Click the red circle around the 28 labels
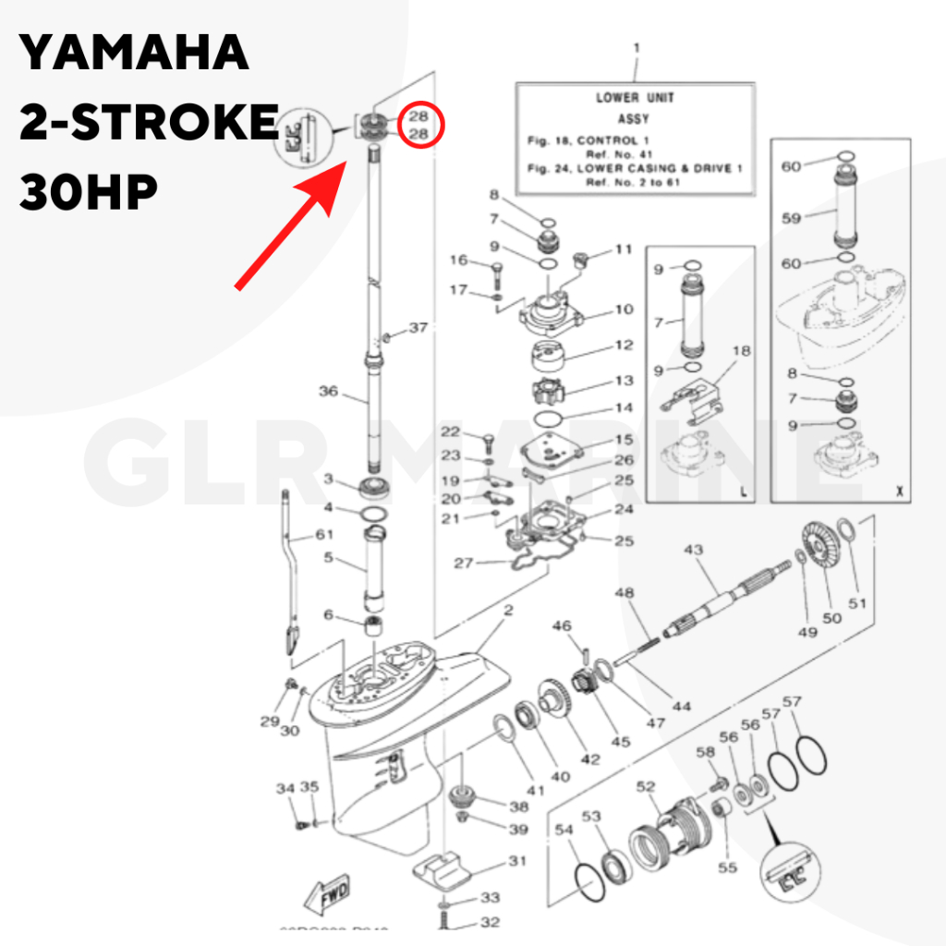click(418, 126)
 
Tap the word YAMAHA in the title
click(135, 53)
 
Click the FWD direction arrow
click(329, 892)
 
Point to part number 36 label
click(329, 392)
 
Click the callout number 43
click(693, 551)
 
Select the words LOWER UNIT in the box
click(635, 98)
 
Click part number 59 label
click(791, 219)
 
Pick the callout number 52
click(646, 787)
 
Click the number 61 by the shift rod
click(324, 535)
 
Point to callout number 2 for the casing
click(507, 611)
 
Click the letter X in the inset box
click(897, 493)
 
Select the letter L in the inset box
click(744, 493)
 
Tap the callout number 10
click(625, 310)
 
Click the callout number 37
click(418, 328)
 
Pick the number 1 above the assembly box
click(636, 47)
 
